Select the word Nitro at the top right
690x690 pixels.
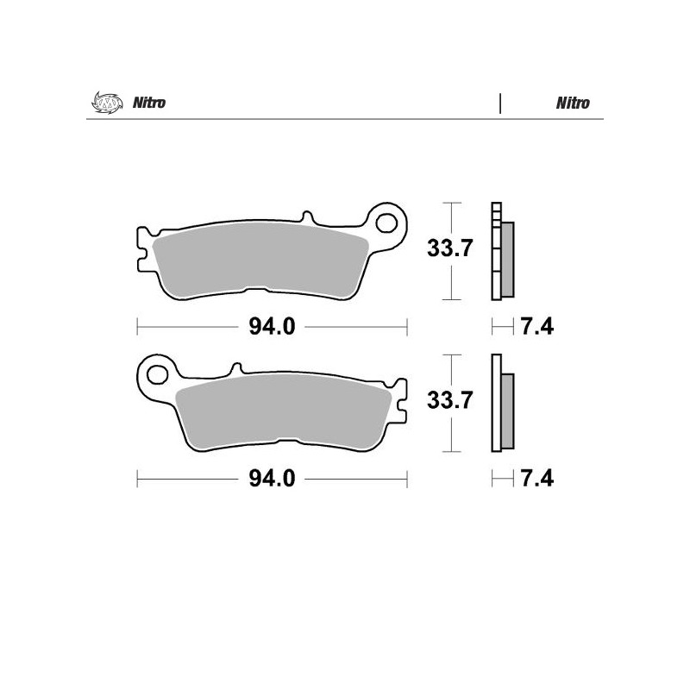(573, 103)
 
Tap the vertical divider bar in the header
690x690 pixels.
(500, 103)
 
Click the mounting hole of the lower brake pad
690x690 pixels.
(157, 375)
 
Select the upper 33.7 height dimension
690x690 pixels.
(449, 250)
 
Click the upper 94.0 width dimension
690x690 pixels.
(273, 327)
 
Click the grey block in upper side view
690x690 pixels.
(507, 257)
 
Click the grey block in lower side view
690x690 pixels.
(507, 410)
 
